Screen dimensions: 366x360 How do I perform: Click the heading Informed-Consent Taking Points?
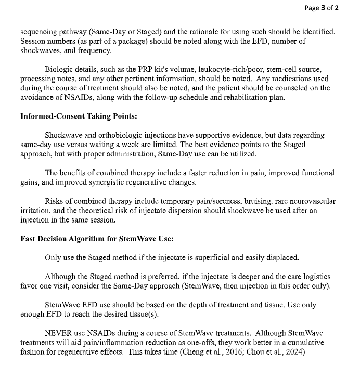point(79,116)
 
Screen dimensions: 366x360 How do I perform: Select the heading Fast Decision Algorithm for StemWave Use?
point(97,239)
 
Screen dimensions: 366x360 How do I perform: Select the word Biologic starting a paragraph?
point(58,69)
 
